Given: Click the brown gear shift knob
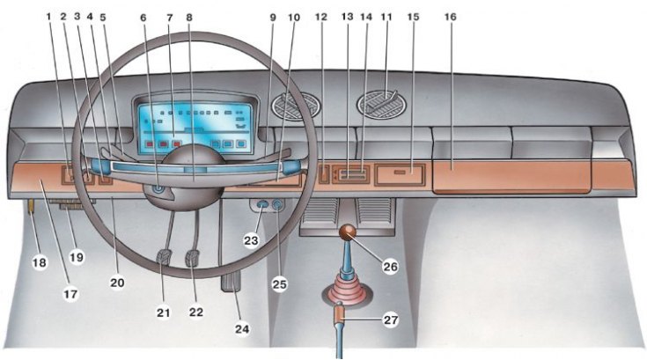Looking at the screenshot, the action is (x=348, y=233).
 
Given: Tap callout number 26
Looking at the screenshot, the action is (x=390, y=267).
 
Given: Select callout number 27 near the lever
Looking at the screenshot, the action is (x=390, y=320).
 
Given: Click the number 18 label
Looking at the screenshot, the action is (x=40, y=262).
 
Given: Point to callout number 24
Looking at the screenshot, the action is (x=242, y=328).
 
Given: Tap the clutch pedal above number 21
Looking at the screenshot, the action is (x=165, y=257).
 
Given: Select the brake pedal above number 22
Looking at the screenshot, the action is (x=193, y=258).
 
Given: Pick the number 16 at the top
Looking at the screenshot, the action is (x=450, y=17).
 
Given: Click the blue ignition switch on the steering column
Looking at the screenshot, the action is (x=158, y=190).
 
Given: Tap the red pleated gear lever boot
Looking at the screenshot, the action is (x=347, y=291).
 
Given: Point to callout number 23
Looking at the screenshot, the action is (x=251, y=240).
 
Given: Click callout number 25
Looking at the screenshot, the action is (x=279, y=284).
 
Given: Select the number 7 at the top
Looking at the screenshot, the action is (x=169, y=18).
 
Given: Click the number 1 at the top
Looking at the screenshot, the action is (x=48, y=17).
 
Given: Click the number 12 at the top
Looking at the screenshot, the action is (x=320, y=17).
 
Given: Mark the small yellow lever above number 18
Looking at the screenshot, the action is (x=31, y=206).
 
